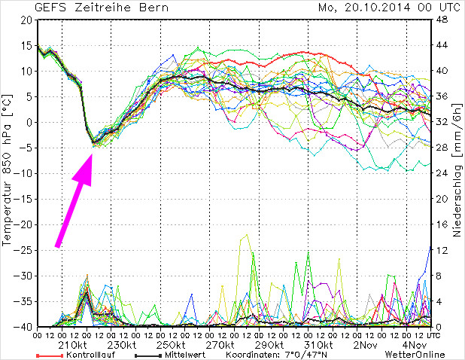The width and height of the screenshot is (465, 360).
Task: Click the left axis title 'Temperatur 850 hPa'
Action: (x=8, y=172)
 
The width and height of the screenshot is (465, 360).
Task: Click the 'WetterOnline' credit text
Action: (x=414, y=355)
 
